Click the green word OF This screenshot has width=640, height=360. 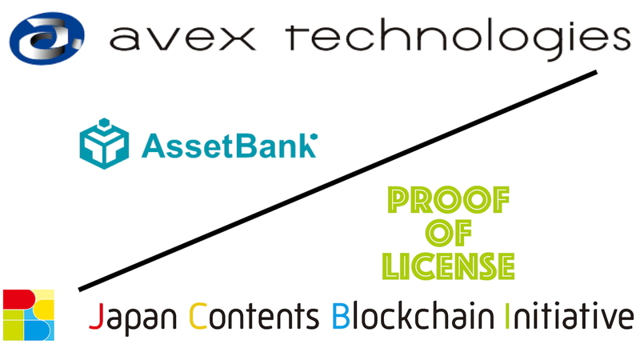point(449,234)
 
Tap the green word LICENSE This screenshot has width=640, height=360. point(447,264)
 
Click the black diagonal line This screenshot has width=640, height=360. point(336,182)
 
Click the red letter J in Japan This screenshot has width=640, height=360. point(95,318)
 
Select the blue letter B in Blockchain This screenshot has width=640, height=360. point(339,317)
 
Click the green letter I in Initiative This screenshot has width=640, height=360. point(509,317)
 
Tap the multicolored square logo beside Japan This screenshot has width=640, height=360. point(29,314)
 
